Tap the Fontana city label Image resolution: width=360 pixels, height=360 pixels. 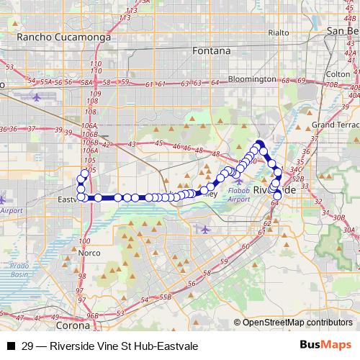(x=212, y=51)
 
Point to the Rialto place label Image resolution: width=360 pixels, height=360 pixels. (x=278, y=32)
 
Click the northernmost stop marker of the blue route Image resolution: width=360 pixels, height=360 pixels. (x=258, y=143)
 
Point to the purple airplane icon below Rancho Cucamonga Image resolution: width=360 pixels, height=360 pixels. (x=37, y=96)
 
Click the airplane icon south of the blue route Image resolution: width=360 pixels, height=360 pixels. (x=205, y=229)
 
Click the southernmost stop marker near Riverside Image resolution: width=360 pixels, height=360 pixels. (x=278, y=195)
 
